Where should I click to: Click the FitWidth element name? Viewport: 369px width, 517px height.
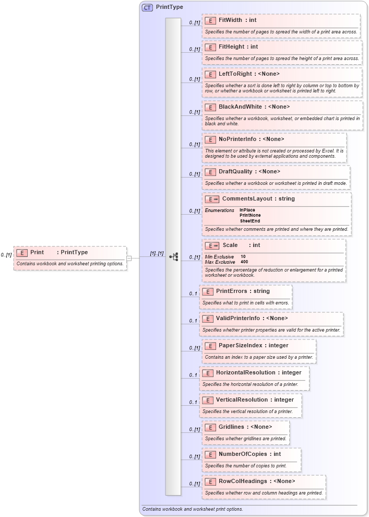pyautogui.click(x=230, y=20)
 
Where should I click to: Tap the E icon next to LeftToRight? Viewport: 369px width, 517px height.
pyautogui.click(x=210, y=74)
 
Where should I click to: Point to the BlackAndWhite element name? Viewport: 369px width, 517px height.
pyautogui.click(x=240, y=107)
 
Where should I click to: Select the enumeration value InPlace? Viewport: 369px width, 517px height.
pyautogui.click(x=247, y=210)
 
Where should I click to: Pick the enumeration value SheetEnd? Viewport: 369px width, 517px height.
pyautogui.click(x=250, y=221)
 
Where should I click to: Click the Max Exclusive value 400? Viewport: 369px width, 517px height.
pyautogui.click(x=244, y=262)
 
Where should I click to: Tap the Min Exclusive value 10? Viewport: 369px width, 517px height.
pyautogui.click(x=243, y=256)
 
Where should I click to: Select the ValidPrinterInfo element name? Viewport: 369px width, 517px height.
pyautogui.click(x=237, y=318)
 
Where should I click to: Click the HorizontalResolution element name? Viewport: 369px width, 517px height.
pyautogui.click(x=247, y=372)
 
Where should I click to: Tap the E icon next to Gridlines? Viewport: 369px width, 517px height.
pyautogui.click(x=210, y=427)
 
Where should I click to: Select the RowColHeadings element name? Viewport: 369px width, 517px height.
pyautogui.click(x=244, y=481)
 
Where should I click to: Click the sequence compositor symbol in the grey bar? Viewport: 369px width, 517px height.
pyautogui.click(x=174, y=257)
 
